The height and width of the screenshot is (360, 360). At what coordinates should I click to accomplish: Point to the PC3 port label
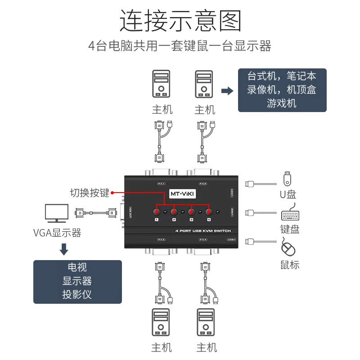pos(161,239)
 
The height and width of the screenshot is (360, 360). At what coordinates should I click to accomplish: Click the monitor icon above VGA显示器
pos(57,213)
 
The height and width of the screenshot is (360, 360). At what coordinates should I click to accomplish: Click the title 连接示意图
pos(180,21)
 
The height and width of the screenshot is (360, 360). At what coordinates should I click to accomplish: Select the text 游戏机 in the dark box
pos(282,103)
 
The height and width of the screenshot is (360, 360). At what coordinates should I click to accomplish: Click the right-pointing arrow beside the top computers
pos(228,91)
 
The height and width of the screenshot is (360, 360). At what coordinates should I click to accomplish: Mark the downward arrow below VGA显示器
pos(64,249)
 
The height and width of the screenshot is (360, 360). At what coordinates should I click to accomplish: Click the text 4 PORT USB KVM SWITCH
pos(202,231)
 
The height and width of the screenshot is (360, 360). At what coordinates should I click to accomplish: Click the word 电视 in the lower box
pos(77,267)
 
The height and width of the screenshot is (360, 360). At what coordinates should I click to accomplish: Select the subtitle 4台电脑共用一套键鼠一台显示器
pos(180,46)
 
